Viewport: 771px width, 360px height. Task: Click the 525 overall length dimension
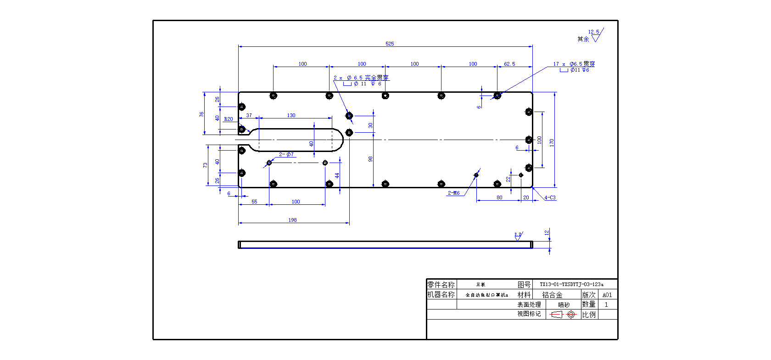[x=390, y=44]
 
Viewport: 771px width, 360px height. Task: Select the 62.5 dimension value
[x=509, y=64]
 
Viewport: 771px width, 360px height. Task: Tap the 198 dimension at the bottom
[x=293, y=220]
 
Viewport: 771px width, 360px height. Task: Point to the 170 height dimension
[x=552, y=142]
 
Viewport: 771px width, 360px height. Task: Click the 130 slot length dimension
[x=291, y=115]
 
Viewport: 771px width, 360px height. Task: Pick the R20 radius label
[x=228, y=119]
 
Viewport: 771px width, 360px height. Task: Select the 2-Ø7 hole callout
[x=286, y=154]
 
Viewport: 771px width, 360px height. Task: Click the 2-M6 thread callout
[x=453, y=193]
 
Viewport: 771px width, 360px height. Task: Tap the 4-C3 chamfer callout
[x=550, y=197]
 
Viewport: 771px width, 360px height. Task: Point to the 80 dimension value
[x=499, y=197]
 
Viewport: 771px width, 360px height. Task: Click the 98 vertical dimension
[x=370, y=159]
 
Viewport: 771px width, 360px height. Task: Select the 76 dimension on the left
[x=201, y=114]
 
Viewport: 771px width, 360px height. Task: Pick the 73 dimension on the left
[x=205, y=165]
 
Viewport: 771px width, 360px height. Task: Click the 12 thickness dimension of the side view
[x=547, y=233]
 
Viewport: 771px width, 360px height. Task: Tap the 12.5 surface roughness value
[x=593, y=32]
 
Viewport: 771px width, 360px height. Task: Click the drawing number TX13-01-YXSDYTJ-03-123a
[x=571, y=284]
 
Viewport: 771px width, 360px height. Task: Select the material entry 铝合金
[x=552, y=295]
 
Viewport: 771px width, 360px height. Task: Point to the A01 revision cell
[x=607, y=295]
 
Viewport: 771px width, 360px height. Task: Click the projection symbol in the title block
[x=563, y=315]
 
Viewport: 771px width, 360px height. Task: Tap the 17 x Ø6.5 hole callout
[x=574, y=64]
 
